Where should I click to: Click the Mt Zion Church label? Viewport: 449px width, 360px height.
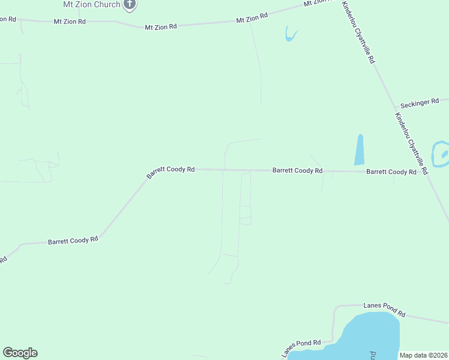[x=91, y=4]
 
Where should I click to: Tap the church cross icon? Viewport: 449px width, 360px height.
[x=130, y=4]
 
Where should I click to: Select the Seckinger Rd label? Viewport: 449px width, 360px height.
[x=420, y=103]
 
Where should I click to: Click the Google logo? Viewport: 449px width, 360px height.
[x=20, y=353]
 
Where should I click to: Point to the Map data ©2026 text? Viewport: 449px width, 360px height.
[x=423, y=355]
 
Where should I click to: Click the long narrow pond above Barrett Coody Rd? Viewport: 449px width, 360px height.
[x=360, y=150]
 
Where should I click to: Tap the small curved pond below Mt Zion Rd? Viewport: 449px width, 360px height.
[x=291, y=35]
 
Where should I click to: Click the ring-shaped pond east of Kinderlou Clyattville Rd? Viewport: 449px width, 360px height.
[x=441, y=154]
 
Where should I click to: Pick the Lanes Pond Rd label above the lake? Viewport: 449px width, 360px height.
[x=385, y=309]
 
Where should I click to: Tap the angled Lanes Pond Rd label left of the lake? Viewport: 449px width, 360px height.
[x=301, y=346]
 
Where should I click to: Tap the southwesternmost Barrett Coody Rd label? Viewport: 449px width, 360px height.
[x=73, y=241]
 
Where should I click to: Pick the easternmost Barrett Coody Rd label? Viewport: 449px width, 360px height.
[x=391, y=172]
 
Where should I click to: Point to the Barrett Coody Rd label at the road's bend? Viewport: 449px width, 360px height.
[x=170, y=172]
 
